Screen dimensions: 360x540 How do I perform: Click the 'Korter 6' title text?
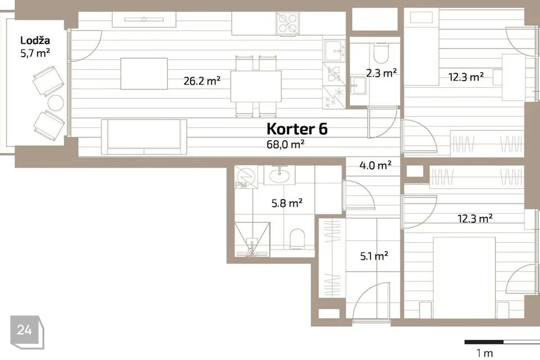pos(296,129)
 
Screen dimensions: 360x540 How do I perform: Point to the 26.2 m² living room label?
pos(202,81)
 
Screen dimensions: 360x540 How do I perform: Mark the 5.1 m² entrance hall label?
pos(374,256)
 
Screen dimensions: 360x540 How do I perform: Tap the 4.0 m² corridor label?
pos(376,165)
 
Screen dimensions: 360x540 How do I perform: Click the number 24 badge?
pos(24,330)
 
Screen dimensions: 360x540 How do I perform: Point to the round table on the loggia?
pos(56,103)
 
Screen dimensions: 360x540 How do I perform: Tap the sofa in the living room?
pos(143,137)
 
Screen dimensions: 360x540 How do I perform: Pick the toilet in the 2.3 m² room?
pos(380,53)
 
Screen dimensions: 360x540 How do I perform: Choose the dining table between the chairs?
pos(256,86)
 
